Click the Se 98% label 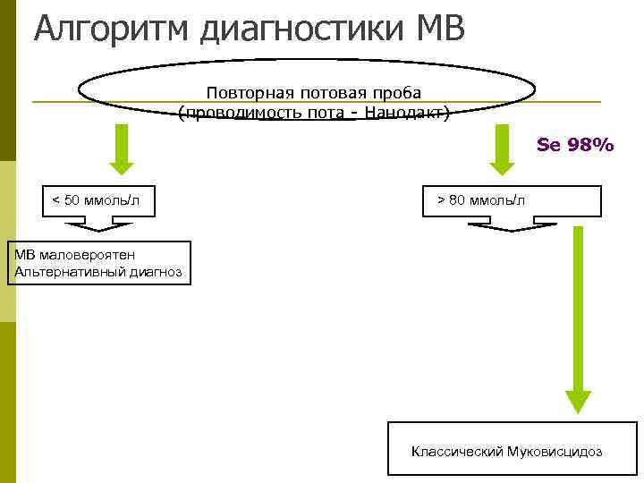coord(574,143)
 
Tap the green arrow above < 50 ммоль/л coord(121,148)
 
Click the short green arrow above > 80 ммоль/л coord(504,148)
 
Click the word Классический coord(456,452)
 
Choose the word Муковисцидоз coord(555,452)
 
